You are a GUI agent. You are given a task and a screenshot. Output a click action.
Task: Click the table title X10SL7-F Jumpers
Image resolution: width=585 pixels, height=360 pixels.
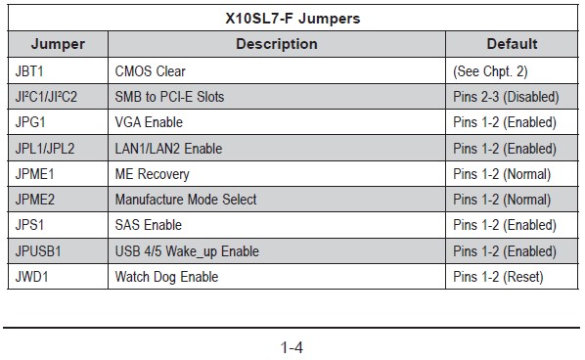click(292, 19)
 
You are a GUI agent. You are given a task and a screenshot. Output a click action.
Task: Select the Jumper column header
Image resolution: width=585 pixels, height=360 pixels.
click(58, 44)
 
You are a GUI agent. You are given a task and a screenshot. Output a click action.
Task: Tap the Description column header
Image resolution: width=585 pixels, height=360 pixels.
click(277, 44)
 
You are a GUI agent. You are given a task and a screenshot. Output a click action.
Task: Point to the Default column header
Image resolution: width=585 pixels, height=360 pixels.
click(512, 44)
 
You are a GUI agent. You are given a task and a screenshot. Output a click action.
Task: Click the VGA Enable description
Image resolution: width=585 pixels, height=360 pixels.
click(149, 122)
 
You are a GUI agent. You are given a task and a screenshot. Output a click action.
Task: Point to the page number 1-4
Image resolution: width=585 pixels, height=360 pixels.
click(292, 347)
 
